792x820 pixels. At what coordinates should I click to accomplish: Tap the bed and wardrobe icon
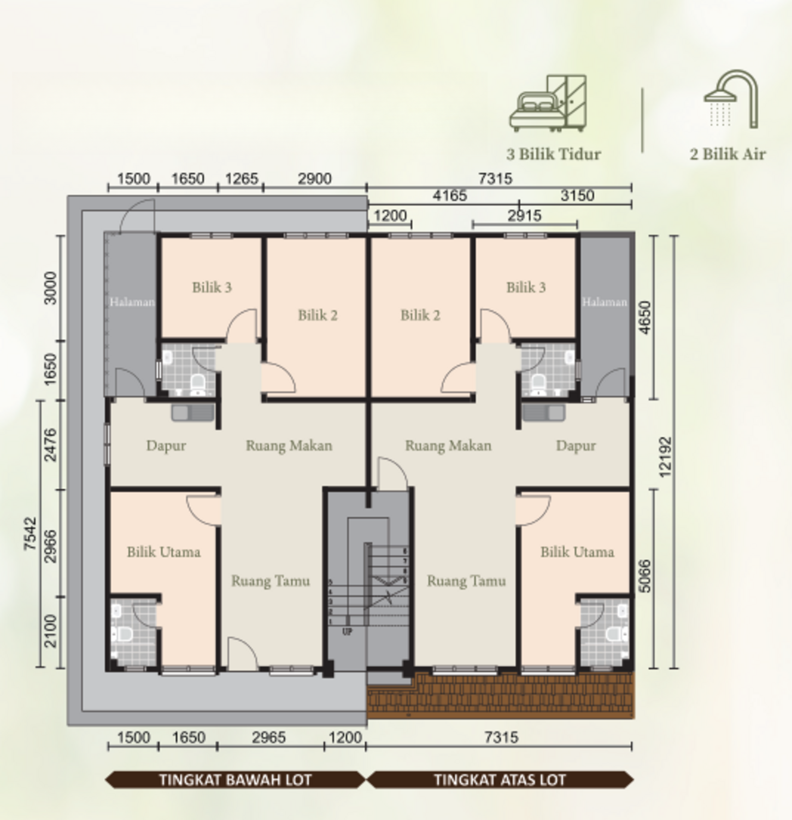coord(548,104)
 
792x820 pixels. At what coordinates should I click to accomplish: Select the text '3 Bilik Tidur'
coord(553,154)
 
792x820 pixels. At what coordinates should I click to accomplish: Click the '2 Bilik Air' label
coord(728,154)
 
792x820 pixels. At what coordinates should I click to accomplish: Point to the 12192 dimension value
coord(665,456)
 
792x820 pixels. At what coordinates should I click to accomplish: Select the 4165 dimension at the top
coord(449,196)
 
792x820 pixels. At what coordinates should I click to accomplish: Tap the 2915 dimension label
coord(524,216)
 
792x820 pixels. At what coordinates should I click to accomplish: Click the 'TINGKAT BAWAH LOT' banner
coord(235,780)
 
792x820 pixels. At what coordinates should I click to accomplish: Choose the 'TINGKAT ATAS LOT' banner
coord(500,780)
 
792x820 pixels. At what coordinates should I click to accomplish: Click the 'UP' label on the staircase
coord(347,632)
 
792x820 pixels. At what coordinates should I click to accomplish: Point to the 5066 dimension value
coord(645,576)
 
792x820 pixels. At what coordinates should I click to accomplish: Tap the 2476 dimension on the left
coord(50,445)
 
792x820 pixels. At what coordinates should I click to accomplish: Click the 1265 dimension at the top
coord(241,179)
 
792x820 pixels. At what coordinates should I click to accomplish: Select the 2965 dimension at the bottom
coord(268,737)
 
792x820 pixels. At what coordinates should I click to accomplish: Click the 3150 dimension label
coord(577,196)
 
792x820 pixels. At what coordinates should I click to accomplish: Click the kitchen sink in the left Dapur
coord(192,413)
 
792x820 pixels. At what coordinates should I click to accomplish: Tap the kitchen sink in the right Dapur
coord(543,413)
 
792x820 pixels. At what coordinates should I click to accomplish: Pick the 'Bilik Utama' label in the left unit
coord(163,552)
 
